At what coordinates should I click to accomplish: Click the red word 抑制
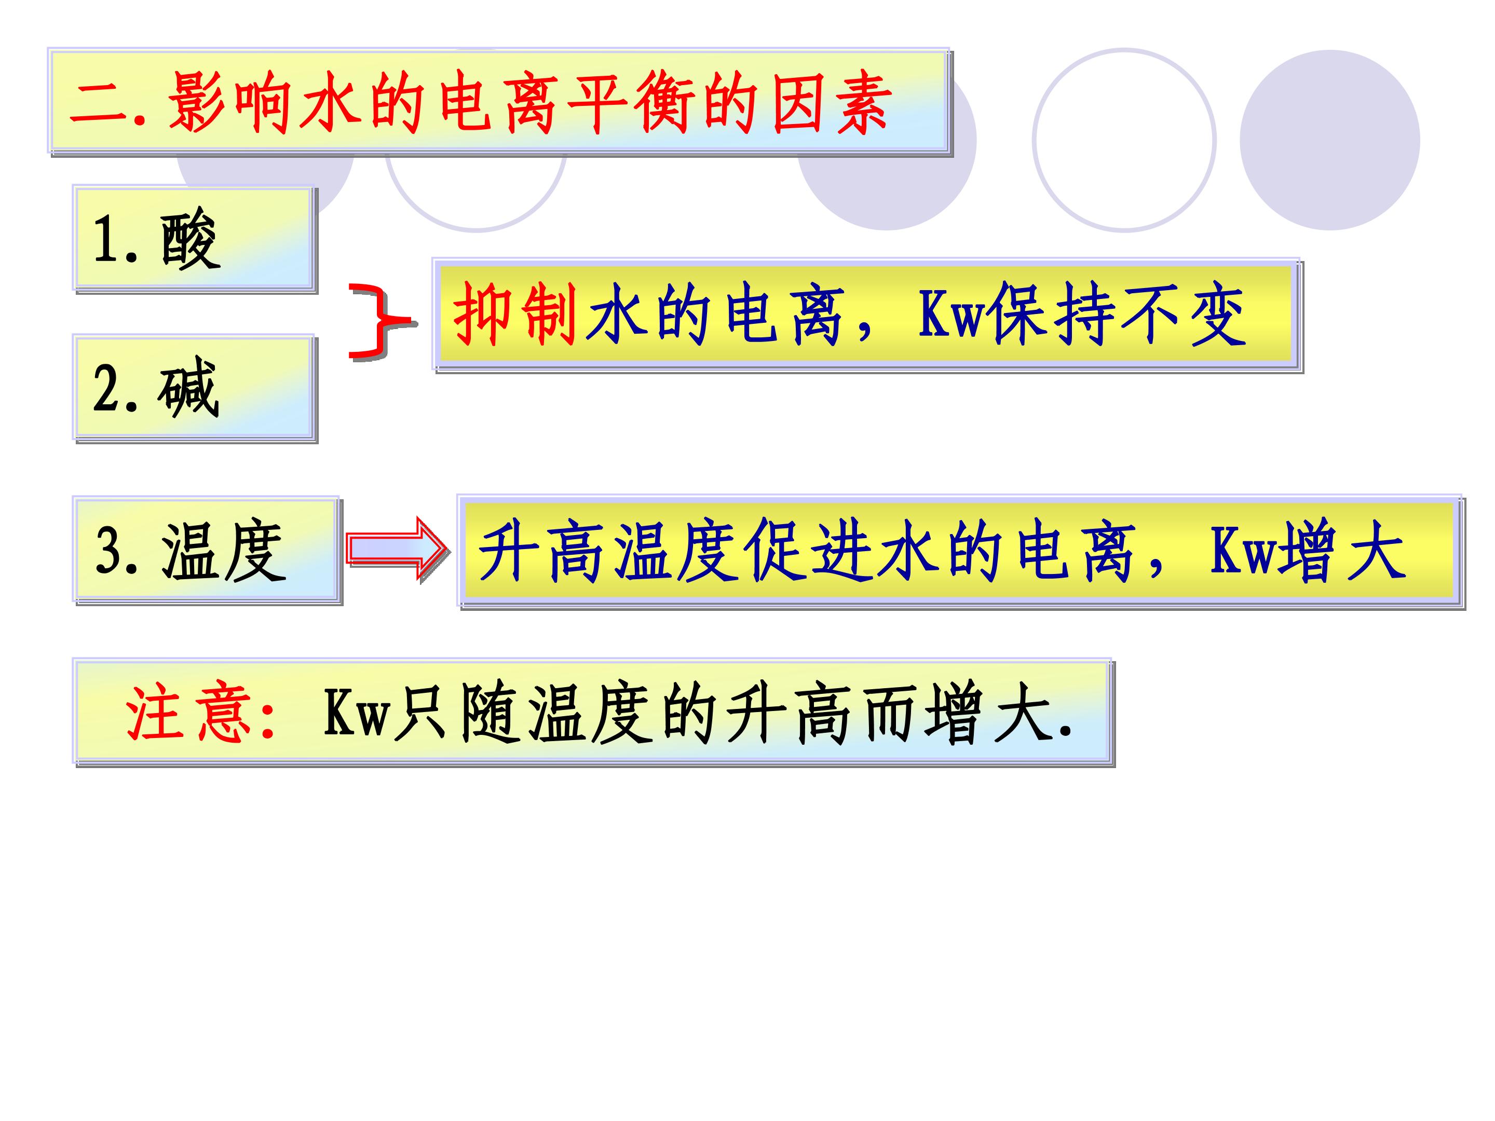pyautogui.click(x=515, y=314)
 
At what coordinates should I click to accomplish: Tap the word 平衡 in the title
pyautogui.click(x=630, y=103)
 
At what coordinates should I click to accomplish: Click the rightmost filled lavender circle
pyautogui.click(x=1329, y=140)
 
